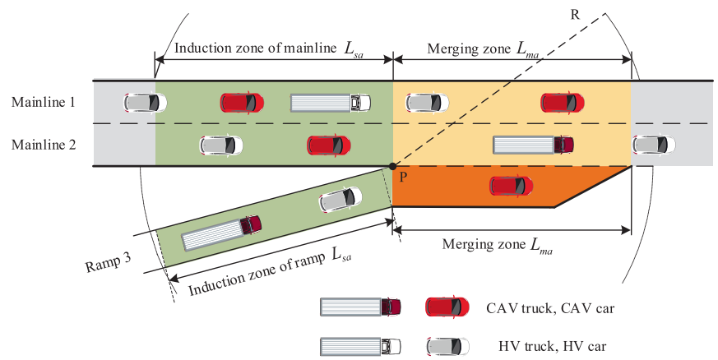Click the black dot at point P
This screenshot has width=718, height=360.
coord(392,167)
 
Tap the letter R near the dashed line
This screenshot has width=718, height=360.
coord(575,15)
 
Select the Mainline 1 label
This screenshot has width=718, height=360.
coord(43,102)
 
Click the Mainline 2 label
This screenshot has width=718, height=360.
coord(44,145)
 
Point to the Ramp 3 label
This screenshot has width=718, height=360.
coord(109,262)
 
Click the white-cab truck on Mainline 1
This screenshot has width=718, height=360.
coord(331,103)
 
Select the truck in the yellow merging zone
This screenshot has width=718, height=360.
coord(534,145)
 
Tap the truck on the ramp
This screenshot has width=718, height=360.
coord(222,233)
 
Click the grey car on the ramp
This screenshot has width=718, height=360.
coord(340,200)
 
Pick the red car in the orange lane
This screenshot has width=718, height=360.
coord(511,186)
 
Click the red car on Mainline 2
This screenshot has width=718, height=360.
coord(329,145)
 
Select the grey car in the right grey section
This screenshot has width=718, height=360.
coord(653,145)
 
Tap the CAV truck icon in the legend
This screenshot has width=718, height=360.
coord(360,307)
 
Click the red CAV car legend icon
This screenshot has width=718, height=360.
coord(447,307)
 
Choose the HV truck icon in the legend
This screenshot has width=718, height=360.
coord(360,347)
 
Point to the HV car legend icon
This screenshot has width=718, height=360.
coord(447,347)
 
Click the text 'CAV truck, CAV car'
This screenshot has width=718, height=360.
coord(550,308)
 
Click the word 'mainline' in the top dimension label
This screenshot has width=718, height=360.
coord(310,48)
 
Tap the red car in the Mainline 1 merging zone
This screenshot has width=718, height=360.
coord(563,103)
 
